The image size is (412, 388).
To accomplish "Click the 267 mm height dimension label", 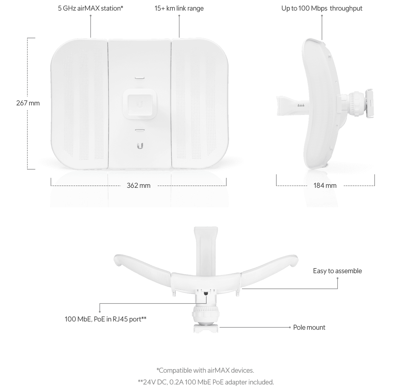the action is click(28, 103).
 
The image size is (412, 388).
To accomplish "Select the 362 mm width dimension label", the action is click(139, 185).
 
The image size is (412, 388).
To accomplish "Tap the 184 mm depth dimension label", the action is click(325, 185).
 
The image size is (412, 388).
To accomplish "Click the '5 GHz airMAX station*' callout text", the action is click(90, 8).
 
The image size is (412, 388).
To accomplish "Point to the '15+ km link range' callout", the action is click(179, 8).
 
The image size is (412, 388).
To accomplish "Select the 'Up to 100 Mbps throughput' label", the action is click(322, 8).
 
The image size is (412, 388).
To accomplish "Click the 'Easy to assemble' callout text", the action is click(337, 271).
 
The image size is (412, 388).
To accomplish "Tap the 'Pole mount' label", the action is click(309, 327).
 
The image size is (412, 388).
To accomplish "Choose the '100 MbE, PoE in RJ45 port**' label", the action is click(105, 319).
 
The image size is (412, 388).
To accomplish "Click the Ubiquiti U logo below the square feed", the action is click(140, 146).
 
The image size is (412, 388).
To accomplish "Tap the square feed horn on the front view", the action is click(140, 104).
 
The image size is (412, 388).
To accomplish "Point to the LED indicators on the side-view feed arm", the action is click(301, 105).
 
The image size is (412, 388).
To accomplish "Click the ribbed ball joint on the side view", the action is click(355, 103).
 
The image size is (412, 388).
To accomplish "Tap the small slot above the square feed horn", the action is click(140, 78).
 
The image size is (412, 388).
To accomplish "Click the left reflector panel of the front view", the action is click(79, 104).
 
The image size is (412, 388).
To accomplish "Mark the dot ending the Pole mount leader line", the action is click(290, 327).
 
